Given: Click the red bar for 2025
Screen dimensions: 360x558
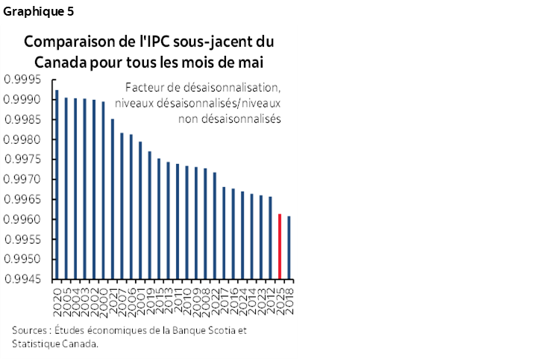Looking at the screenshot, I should tap(280, 245).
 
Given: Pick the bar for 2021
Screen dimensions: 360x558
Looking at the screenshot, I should tap(112, 198).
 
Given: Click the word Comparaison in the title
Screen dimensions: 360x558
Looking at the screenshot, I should tap(68, 42).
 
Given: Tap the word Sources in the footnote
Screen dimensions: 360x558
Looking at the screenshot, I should tap(29, 330).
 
